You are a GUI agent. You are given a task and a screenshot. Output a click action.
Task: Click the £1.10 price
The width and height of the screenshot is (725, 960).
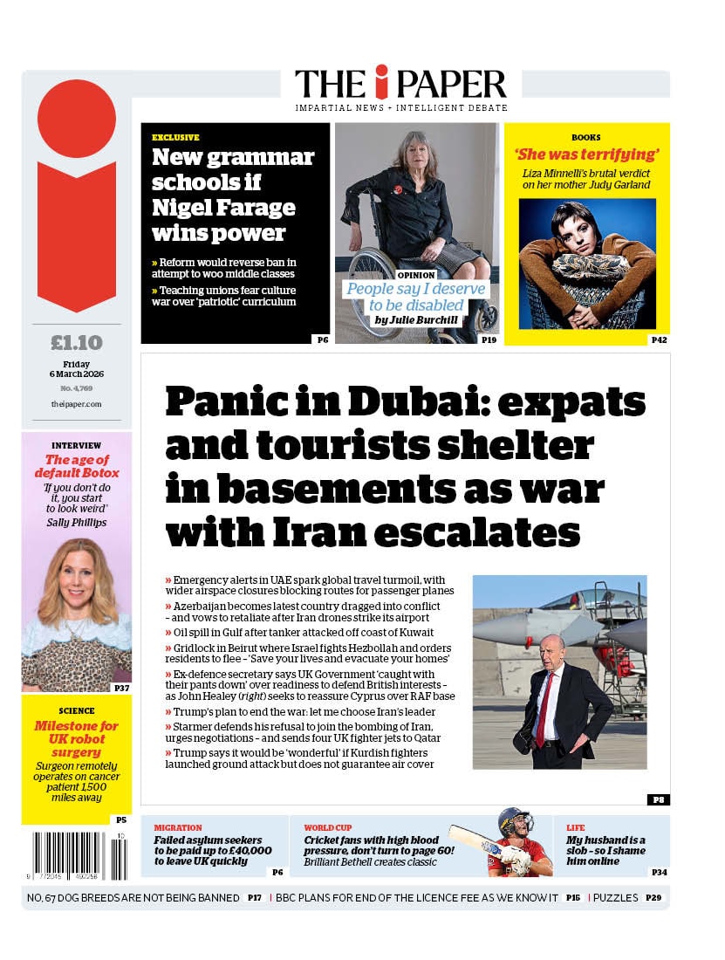pyautogui.click(x=77, y=342)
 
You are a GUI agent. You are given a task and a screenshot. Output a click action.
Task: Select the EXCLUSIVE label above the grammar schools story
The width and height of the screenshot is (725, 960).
pyautogui.click(x=175, y=137)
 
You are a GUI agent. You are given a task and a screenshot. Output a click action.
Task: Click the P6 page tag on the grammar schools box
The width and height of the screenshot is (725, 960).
pyautogui.click(x=322, y=339)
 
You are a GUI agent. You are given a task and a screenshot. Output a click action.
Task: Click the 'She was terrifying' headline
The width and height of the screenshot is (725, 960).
pyautogui.click(x=585, y=154)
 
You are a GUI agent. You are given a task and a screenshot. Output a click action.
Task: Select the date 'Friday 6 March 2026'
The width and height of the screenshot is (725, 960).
pyautogui.click(x=77, y=370)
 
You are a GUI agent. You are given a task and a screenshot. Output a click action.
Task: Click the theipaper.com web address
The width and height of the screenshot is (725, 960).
pyautogui.click(x=77, y=404)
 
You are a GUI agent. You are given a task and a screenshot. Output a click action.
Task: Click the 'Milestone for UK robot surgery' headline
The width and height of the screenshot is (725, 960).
pyautogui.click(x=77, y=738)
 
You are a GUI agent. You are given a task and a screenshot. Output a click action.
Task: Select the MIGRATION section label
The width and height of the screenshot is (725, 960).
pyautogui.click(x=178, y=827)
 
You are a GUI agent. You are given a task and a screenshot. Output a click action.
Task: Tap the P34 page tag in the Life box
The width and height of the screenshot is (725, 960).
pyautogui.click(x=659, y=871)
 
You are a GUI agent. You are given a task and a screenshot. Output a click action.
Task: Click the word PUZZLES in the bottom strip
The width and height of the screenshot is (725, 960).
pyautogui.click(x=616, y=897)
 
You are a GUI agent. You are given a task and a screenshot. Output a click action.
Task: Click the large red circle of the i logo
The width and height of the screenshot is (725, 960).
pyautogui.click(x=77, y=119)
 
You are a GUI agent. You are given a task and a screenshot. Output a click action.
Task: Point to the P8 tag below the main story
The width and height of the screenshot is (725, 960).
pyautogui.click(x=658, y=799)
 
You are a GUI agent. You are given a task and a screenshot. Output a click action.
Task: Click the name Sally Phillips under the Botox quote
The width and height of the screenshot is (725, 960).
pyautogui.click(x=77, y=522)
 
